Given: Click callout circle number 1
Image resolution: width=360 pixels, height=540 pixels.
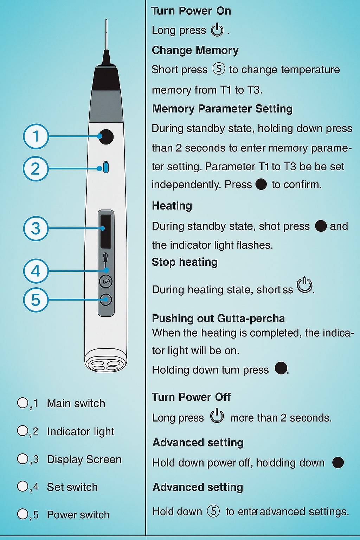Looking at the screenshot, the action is [36, 136].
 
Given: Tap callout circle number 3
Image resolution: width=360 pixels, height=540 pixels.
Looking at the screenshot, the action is [36, 228].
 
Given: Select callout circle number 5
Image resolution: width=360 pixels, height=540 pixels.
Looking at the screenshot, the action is [36, 300].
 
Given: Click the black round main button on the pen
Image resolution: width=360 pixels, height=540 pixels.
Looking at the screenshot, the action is [106, 137].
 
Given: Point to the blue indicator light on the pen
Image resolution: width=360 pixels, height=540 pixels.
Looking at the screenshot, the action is [106, 167].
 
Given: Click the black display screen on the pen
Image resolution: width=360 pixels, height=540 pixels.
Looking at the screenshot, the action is [106, 231].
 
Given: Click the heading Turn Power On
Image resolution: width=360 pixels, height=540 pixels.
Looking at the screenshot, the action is [191, 11].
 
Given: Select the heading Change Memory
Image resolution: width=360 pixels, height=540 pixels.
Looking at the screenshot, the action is [195, 50].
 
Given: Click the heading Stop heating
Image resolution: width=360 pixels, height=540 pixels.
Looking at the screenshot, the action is [185, 262].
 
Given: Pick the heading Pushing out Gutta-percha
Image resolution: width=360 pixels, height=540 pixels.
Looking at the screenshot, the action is [218, 319].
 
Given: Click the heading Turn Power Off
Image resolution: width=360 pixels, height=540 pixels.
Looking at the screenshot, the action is [191, 397].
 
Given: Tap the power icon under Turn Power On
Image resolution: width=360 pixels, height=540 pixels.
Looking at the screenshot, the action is [217, 30].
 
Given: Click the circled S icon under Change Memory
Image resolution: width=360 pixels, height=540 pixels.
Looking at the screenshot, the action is [219, 69].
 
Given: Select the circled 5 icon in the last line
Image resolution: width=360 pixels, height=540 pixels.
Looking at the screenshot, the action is [213, 511].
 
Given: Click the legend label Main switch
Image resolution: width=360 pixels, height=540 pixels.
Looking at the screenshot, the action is [76, 404].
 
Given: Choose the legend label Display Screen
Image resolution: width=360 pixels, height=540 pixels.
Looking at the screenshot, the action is [84, 459].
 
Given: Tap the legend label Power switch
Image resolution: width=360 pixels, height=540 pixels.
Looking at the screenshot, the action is [78, 515].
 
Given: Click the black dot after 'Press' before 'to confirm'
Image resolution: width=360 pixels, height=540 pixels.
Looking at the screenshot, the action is [261, 184].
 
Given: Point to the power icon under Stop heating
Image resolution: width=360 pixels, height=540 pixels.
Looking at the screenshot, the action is [304, 285].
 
